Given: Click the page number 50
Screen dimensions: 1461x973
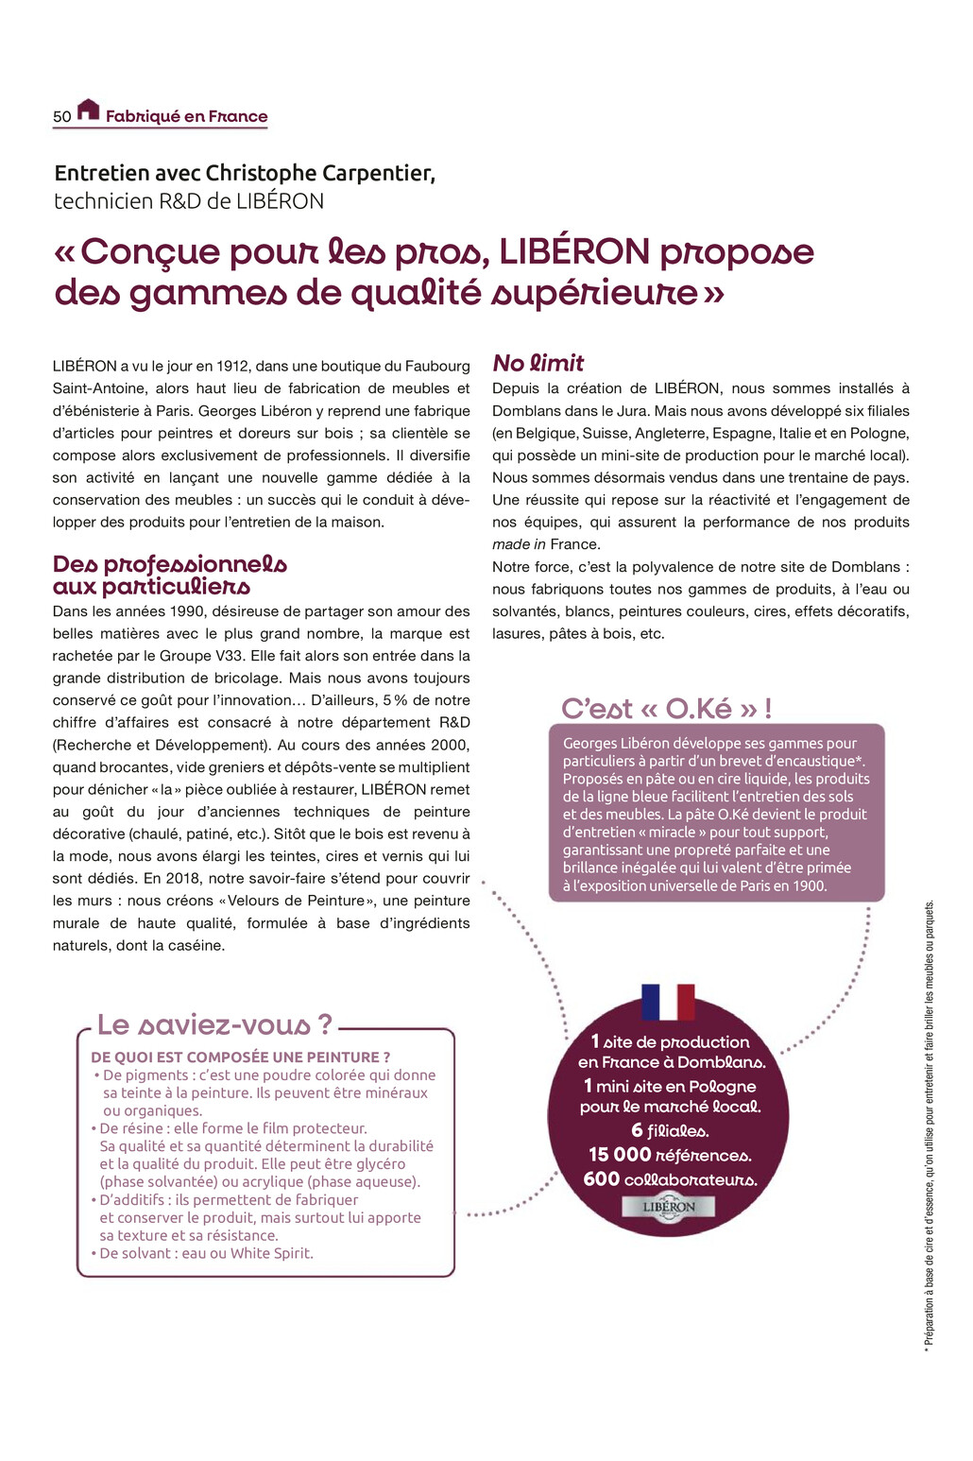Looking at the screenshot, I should click(61, 116).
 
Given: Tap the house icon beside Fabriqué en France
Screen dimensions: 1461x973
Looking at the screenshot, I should click(88, 110).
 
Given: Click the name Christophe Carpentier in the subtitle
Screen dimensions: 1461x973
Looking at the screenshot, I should click(320, 173).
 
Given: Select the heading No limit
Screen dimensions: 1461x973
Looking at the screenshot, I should click(538, 363).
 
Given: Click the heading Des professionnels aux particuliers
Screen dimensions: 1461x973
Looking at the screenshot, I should click(170, 575).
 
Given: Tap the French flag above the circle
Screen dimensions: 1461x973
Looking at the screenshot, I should click(668, 1002).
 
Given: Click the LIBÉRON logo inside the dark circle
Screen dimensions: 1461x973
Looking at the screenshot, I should click(669, 1207).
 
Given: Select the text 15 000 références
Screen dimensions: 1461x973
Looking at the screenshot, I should click(670, 1155).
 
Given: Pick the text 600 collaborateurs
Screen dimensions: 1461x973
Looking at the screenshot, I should click(670, 1179).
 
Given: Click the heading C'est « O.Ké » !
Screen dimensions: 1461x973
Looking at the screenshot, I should click(666, 708).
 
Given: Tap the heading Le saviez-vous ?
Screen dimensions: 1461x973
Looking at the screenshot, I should click(215, 1024).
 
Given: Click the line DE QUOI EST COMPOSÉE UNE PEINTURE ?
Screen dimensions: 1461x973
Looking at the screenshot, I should click(241, 1057).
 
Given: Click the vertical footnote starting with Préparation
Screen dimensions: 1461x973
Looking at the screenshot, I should click(930, 1125).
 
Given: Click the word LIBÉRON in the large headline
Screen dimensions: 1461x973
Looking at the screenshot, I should click(574, 252).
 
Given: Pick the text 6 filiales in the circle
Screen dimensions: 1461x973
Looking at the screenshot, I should click(670, 1130).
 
